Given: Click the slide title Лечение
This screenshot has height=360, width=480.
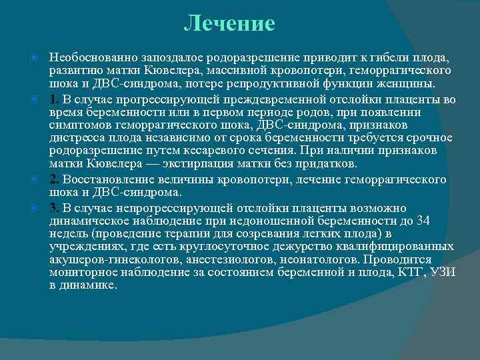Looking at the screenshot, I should [229, 24].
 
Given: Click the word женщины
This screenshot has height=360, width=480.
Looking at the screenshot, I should [409, 85].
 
